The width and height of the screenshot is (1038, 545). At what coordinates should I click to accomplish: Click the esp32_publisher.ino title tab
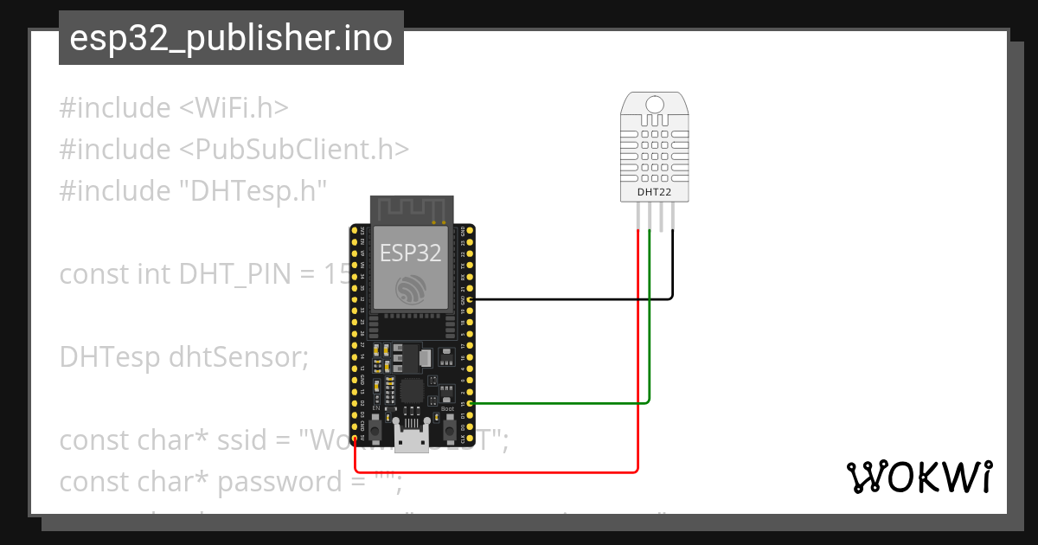coord(231,38)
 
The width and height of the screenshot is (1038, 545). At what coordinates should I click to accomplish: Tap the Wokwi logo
coord(919,477)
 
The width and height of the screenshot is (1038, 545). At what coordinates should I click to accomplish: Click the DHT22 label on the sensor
coord(654,191)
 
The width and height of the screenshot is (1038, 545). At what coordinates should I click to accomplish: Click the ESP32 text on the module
coord(411,252)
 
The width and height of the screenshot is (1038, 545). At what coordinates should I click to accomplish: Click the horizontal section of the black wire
coord(571,299)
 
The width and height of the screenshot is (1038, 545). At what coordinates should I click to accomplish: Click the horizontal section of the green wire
coord(562,403)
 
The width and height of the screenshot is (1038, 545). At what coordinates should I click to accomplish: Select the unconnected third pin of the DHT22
coord(661,218)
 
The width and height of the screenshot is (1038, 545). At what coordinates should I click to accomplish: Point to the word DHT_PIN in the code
coord(232,274)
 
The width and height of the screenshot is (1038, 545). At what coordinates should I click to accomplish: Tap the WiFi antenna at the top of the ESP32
coord(412,210)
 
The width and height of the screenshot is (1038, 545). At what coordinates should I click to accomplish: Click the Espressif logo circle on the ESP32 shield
coord(411,288)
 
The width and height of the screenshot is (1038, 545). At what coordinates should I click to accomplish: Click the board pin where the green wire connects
coord(470,403)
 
